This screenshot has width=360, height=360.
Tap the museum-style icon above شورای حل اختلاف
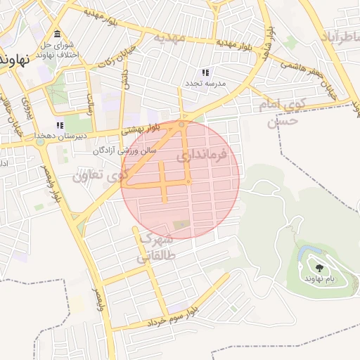pyautogui.click(x=56, y=36)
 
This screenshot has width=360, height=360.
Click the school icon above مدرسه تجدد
pyautogui.click(x=205, y=72)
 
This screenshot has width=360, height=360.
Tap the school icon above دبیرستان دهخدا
pyautogui.click(x=70, y=125)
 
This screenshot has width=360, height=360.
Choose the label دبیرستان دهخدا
pyautogui.click(x=69, y=136)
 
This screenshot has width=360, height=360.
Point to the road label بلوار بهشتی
pyautogui.click(x=141, y=129)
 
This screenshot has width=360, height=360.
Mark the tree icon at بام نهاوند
pyautogui.click(x=320, y=268)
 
